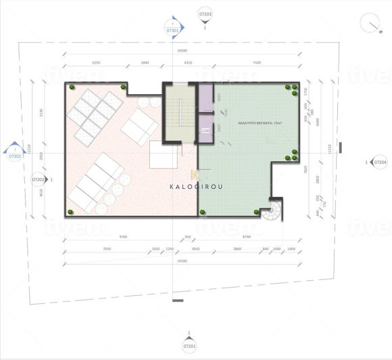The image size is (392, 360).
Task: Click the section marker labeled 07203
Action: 205,14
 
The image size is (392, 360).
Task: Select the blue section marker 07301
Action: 173,30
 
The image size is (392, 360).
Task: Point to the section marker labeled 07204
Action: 380,162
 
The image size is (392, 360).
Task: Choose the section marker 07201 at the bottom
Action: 190,347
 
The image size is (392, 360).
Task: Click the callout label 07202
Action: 39,180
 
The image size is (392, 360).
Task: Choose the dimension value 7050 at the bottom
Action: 107,249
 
